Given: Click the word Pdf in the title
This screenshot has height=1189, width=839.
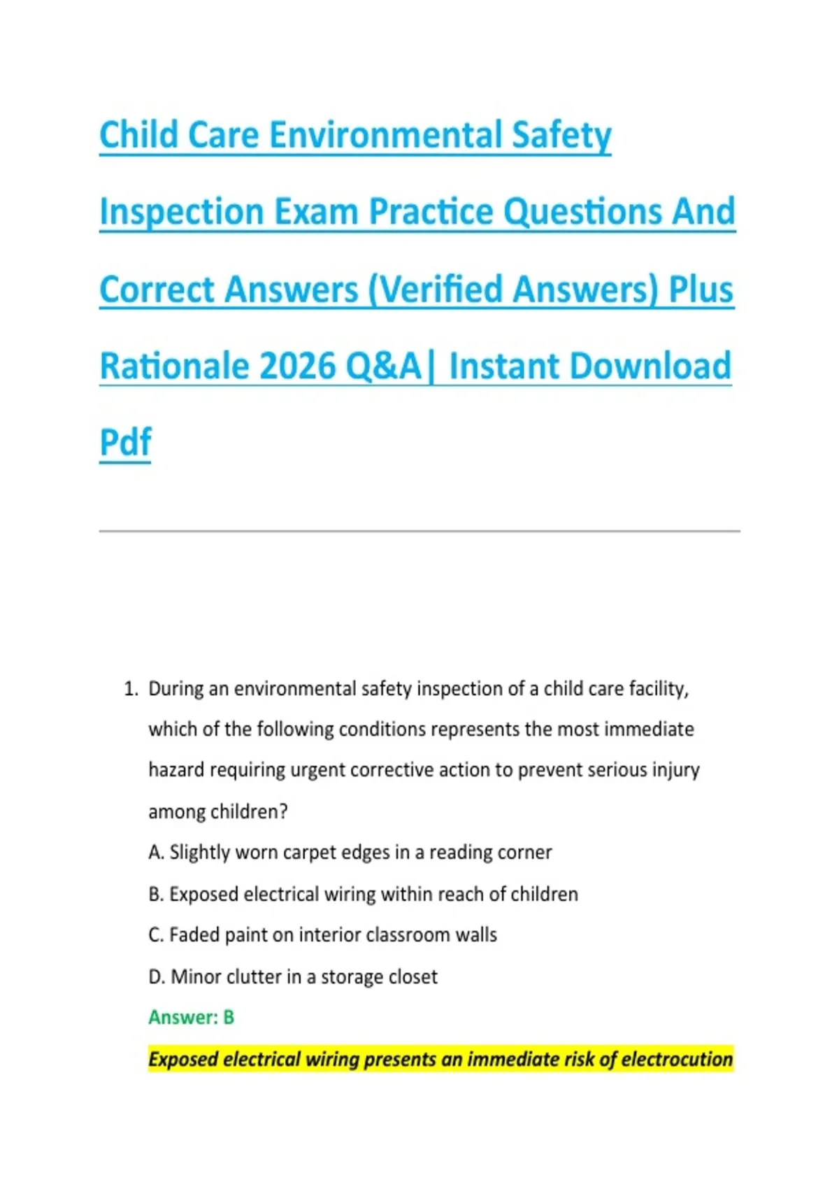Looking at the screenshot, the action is pos(125,441).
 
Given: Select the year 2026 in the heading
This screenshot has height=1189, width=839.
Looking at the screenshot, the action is pos(299,366).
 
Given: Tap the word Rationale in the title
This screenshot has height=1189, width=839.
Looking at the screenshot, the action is pos(175,366).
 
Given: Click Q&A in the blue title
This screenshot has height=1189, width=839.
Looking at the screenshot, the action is pos(383,366).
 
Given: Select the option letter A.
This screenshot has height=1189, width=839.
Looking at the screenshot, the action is pos(156,853).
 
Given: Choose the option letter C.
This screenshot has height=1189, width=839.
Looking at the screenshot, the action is pos(156,934).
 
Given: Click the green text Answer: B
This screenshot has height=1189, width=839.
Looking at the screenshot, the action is pos(191,1018).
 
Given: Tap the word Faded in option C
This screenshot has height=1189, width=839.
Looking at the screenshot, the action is pos(194,934).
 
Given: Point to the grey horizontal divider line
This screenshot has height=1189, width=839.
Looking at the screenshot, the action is pos(419,531).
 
